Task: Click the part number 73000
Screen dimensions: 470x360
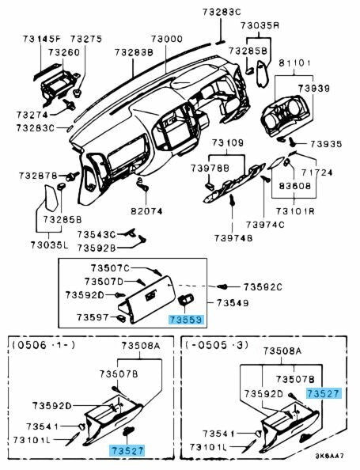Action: (x=168, y=39)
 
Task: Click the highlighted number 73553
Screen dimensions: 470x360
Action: (x=185, y=320)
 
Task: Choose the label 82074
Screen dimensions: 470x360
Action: (x=146, y=211)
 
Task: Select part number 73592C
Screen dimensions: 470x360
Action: (x=263, y=286)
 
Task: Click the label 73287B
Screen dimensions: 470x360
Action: (x=38, y=175)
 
